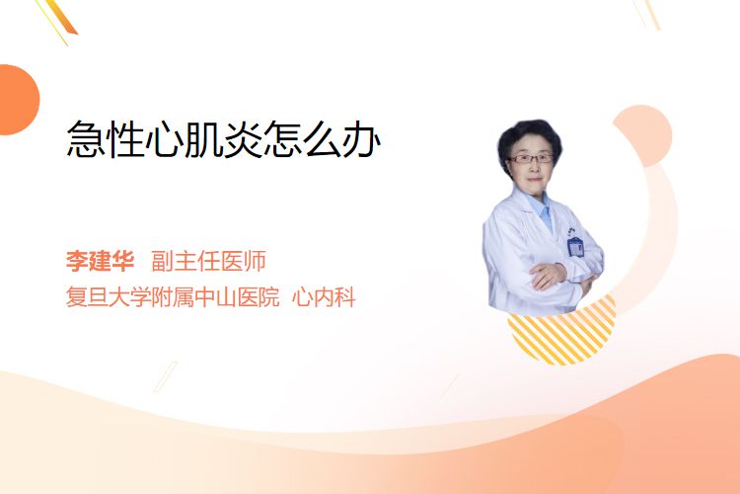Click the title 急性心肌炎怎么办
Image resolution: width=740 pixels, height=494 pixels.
tap(223, 138)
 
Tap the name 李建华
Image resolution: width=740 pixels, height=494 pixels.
tap(100, 261)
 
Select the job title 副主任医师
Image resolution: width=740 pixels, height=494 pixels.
tap(208, 261)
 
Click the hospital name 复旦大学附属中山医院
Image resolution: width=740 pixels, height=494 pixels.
tap(173, 297)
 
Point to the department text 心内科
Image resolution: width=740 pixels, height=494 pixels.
tap(324, 297)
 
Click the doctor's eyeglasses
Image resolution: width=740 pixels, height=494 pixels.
tap(531, 159)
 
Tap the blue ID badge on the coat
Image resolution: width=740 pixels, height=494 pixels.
tap(575, 246)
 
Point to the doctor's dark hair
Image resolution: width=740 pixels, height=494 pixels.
tap(530, 137)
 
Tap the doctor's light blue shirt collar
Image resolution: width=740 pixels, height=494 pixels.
tap(542, 208)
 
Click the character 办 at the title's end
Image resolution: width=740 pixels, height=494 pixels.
tap(361, 139)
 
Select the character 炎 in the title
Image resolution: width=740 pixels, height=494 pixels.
tap(243, 139)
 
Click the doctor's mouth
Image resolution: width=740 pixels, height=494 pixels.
tap(534, 179)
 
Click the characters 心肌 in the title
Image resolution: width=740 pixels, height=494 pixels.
tap(184, 139)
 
